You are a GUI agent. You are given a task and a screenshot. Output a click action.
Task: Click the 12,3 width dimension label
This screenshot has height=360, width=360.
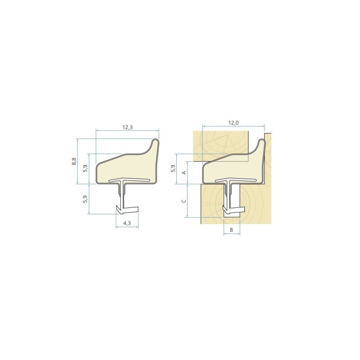coord(128,127)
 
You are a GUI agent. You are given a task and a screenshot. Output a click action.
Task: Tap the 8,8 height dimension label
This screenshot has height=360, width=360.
coord(74,161)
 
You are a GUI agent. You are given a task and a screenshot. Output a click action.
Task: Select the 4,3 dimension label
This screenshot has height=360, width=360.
coord(127,223)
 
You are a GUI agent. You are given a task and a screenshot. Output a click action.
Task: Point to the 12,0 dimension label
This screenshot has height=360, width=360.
coord(234,123)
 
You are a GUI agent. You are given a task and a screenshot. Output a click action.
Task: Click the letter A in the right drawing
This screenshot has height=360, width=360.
coord(184,172)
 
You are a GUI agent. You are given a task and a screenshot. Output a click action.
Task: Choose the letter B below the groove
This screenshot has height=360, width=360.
coord(231,230)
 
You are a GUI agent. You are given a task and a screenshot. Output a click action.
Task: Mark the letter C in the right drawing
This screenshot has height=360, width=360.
coord(184,201)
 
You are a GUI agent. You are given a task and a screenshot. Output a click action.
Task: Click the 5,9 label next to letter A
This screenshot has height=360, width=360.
coord(173,168)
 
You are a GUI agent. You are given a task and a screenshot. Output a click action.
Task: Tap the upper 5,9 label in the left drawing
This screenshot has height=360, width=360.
coord(85,168)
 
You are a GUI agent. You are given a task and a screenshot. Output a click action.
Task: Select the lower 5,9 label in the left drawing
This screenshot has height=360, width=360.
coord(85,199)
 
